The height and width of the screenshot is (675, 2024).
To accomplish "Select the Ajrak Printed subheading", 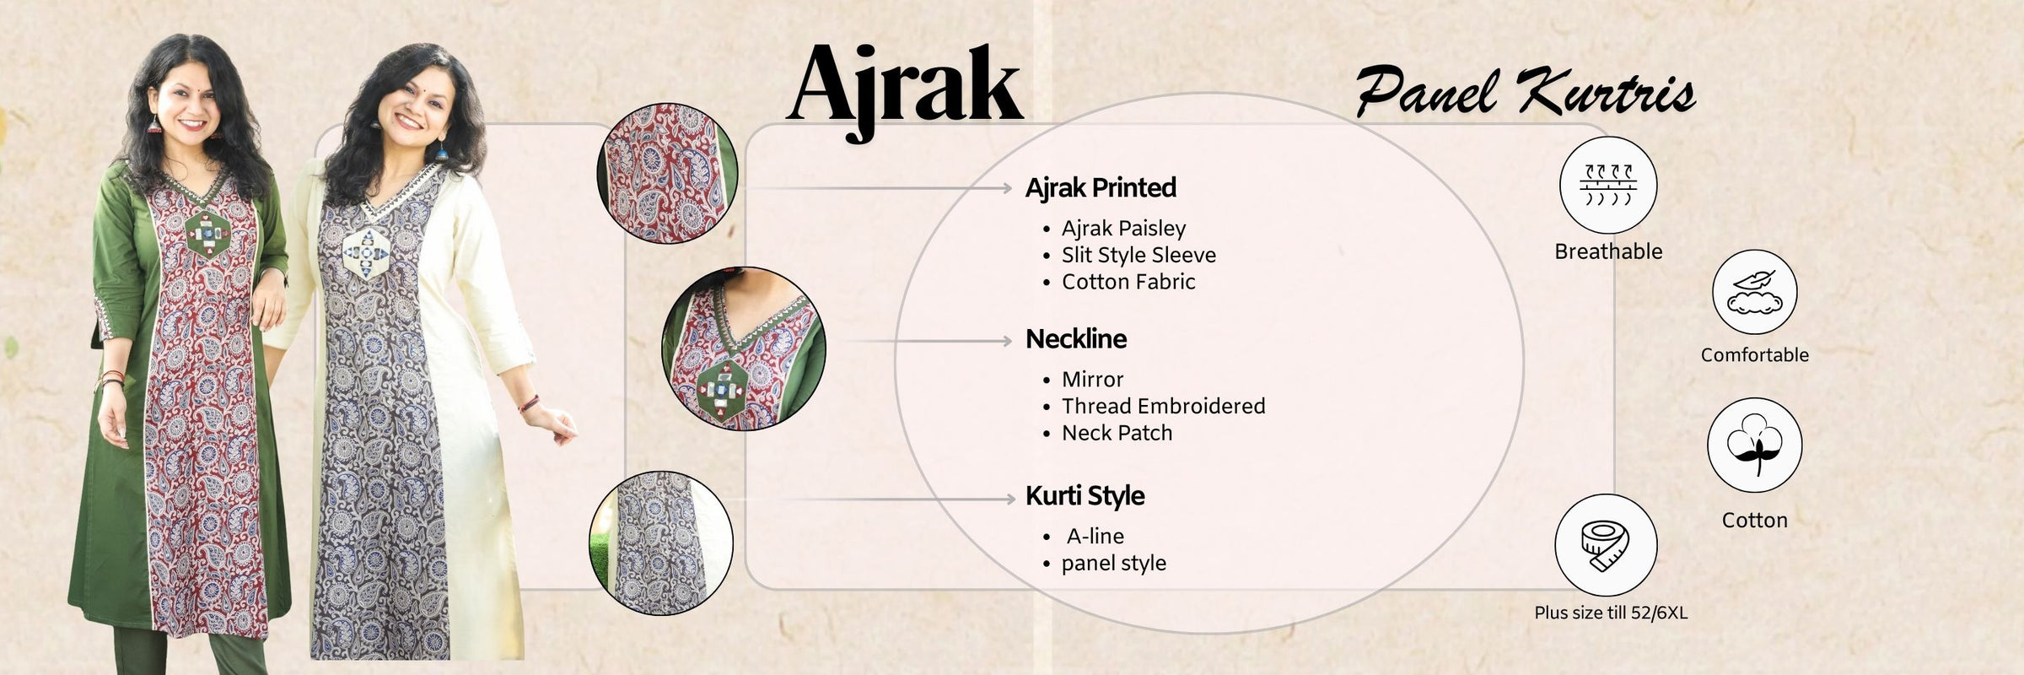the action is [1101, 187].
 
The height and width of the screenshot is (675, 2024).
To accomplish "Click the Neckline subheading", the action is [1076, 339].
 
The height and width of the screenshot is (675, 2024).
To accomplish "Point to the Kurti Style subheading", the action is [1085, 496].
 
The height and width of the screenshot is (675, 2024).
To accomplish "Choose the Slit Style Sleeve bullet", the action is [1138, 255].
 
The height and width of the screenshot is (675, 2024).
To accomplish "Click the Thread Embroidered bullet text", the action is [1163, 406].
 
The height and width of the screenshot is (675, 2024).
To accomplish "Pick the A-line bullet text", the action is [1095, 536].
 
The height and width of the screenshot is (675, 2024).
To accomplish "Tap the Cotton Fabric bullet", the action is [1128, 282].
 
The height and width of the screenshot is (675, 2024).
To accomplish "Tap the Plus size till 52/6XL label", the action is [1611, 613].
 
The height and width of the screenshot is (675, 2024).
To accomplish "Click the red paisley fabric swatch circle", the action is [667, 173].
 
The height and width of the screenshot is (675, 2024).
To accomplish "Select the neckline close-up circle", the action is [744, 348].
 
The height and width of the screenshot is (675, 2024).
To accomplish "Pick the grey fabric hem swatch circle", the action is [660, 543].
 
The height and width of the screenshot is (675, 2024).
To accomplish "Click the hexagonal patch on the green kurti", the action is [207, 231].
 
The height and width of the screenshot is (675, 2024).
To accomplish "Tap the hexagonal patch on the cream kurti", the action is [365, 252].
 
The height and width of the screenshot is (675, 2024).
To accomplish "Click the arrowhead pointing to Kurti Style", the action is [1010, 499].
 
